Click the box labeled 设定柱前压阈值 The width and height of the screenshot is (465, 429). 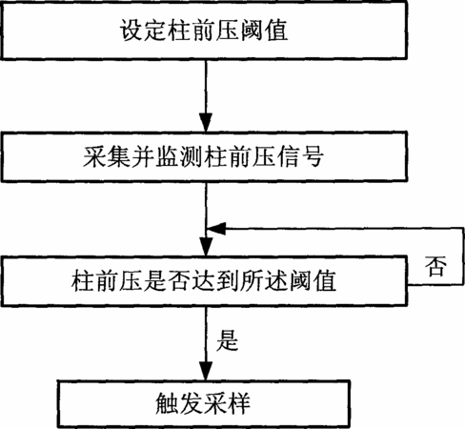tap(204, 31)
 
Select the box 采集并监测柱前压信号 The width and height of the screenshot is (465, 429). tap(204, 156)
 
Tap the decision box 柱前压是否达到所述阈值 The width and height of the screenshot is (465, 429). tap(204, 281)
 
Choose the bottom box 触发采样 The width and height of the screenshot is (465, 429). tap(204, 403)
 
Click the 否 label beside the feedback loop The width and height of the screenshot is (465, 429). tap(435, 266)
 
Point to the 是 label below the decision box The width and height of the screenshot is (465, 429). tap(228, 340)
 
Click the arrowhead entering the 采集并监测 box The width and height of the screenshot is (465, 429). tap(206, 122)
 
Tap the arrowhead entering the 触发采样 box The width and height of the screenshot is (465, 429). tap(206, 371)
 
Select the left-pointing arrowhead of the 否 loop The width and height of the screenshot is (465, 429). tap(216, 229)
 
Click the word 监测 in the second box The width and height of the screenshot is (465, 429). tap(179, 156)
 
